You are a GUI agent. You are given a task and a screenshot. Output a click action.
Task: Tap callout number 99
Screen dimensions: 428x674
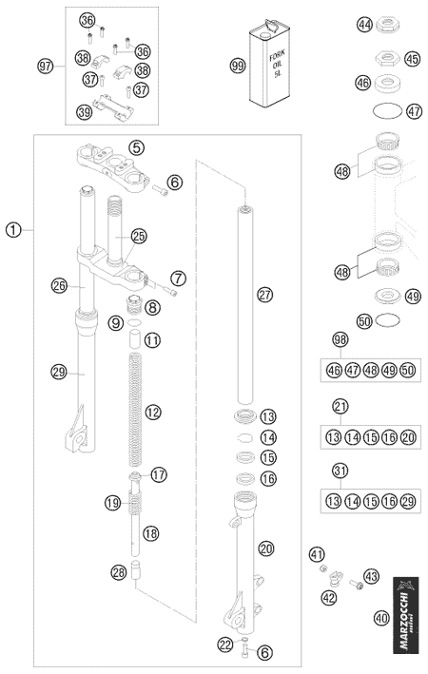pos(238,66)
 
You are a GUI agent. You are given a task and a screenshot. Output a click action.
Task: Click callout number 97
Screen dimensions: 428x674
pos(45,67)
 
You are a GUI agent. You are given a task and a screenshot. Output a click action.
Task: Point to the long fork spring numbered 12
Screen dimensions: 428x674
pos(135,409)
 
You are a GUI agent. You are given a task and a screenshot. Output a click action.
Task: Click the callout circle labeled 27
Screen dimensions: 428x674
pos(265,295)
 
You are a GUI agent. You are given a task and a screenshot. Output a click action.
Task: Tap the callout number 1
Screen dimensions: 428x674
pos(13,230)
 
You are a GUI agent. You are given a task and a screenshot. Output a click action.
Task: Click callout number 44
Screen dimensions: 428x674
pos(365,25)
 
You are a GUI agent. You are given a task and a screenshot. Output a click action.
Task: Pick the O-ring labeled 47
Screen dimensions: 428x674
pos(387,110)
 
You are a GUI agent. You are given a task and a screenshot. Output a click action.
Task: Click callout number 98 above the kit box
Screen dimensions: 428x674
pos(340,339)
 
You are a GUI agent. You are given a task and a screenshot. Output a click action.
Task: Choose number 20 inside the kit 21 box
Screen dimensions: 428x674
pos(408,437)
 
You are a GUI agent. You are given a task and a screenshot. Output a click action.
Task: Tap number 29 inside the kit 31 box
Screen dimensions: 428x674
pos(408,501)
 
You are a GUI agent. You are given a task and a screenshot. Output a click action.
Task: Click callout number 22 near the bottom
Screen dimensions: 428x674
pos(224,644)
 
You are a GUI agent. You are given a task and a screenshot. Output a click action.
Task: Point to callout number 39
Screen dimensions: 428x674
pos(85,112)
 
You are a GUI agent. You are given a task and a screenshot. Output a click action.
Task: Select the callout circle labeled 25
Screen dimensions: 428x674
pos(139,236)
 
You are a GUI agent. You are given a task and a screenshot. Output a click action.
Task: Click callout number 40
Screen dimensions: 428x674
pos(381,618)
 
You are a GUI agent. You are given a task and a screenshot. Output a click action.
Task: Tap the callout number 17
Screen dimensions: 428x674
pos(159,475)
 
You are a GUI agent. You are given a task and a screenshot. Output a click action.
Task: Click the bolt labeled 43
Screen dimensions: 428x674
pos(356,584)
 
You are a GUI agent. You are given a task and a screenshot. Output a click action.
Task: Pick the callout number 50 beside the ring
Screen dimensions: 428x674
pos(365,320)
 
